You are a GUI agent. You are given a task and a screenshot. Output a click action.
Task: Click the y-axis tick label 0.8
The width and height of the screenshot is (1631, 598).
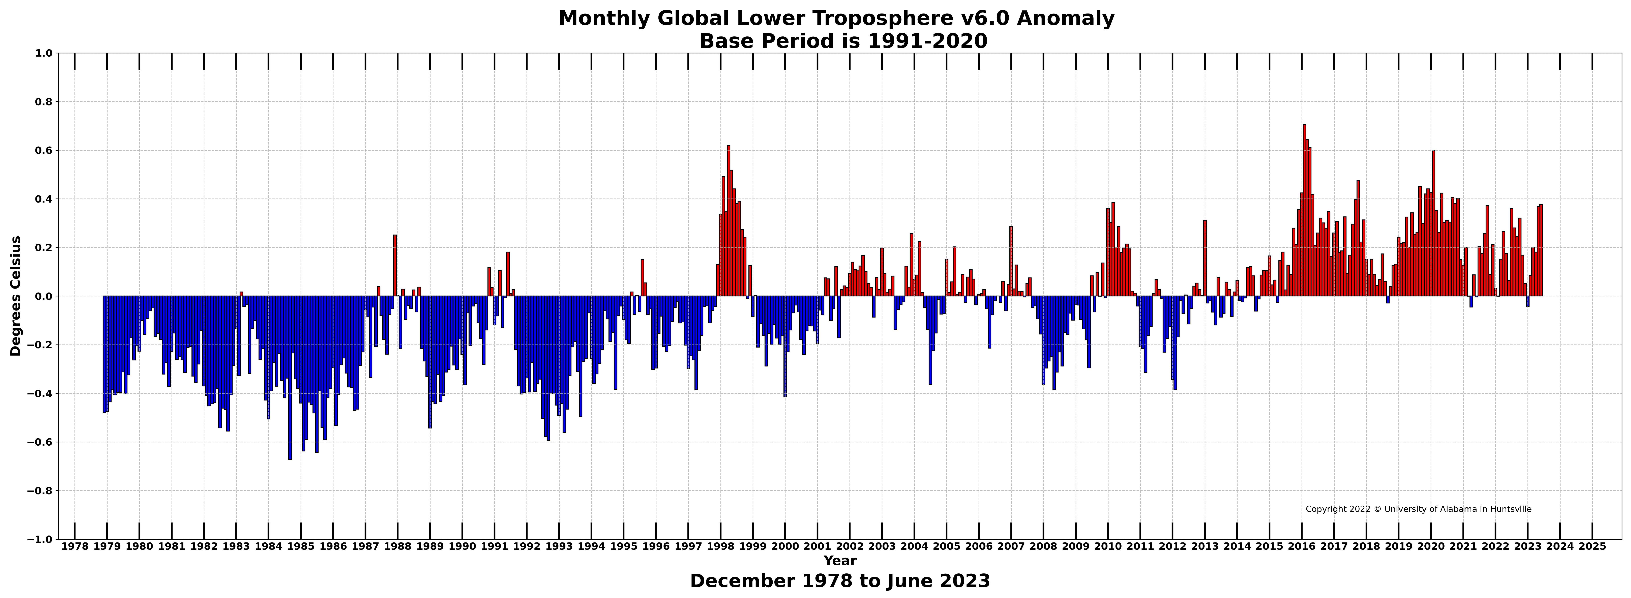coord(45,102)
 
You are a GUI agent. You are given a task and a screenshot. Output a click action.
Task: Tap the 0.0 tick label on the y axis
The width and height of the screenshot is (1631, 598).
coord(45,296)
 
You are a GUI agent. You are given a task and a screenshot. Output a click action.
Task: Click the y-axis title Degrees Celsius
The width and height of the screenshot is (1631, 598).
coord(16,296)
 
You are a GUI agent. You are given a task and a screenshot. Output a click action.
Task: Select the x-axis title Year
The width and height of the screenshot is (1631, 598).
coord(840,561)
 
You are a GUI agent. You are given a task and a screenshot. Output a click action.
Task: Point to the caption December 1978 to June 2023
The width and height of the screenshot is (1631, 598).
coord(840,581)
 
